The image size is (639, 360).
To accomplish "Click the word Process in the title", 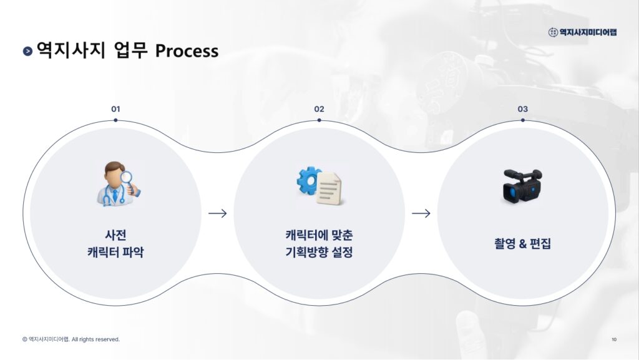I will (x=187, y=51).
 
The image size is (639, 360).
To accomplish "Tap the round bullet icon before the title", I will (x=27, y=51).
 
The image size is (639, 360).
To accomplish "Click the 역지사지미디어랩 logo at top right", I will (x=582, y=32).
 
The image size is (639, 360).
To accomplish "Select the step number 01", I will (x=115, y=109).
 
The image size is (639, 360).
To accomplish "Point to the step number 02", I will (x=319, y=109).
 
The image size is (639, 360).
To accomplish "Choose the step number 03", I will (x=522, y=109).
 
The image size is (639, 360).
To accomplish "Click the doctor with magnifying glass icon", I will (x=117, y=185).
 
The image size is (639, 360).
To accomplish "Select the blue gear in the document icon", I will (x=308, y=180).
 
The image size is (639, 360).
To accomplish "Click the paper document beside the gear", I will (x=329, y=189).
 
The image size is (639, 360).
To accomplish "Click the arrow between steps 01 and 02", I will (x=217, y=213).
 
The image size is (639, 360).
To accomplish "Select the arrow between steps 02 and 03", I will (x=421, y=213).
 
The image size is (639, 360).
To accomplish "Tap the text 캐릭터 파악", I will (x=115, y=253).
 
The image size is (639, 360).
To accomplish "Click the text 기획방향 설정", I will (x=319, y=253).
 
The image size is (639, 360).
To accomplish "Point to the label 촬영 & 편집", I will (x=522, y=244).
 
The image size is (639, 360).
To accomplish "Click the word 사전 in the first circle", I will (x=115, y=235).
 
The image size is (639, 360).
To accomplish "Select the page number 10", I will (x=614, y=339).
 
